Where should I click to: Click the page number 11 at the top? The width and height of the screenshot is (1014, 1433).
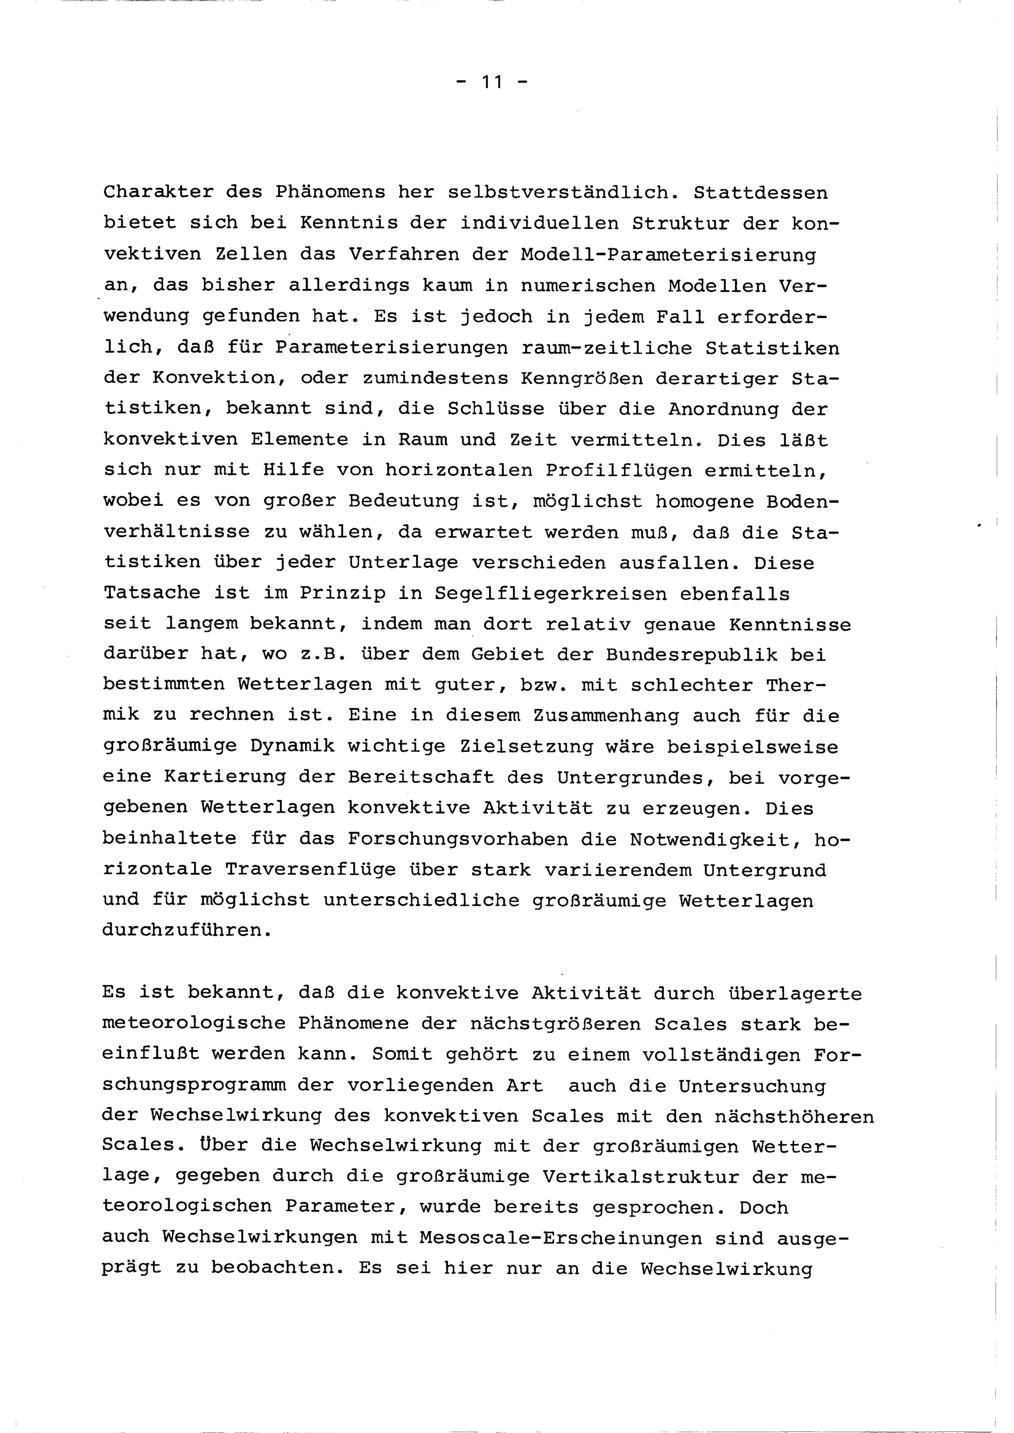click(x=492, y=82)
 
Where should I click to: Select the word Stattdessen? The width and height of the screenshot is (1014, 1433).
click(x=760, y=192)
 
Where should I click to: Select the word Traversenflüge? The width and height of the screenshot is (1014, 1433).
click(x=310, y=870)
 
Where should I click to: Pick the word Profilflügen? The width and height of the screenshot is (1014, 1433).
click(x=619, y=471)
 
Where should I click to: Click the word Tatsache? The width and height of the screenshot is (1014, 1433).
click(x=152, y=593)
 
